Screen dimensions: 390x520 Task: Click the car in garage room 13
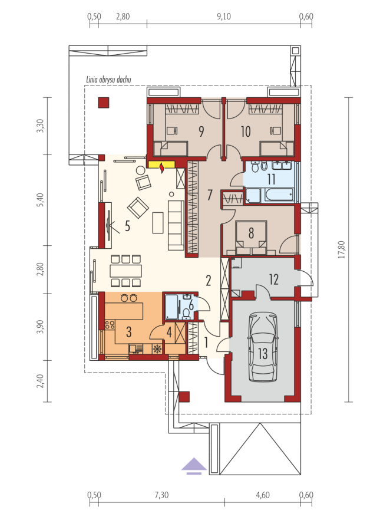pyautogui.click(x=263, y=347)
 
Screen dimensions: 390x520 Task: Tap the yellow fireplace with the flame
pyautogui.click(x=161, y=165)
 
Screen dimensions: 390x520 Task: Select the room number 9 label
pyautogui.click(x=201, y=131)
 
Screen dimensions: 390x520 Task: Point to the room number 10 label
pyautogui.click(x=246, y=131)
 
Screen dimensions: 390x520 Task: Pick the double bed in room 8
pyautogui.click(x=251, y=238)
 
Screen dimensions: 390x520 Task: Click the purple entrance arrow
pyautogui.click(x=194, y=466)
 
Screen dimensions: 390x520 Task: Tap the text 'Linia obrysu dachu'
pyautogui.click(x=108, y=80)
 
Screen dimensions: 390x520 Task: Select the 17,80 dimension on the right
pyautogui.click(x=342, y=249)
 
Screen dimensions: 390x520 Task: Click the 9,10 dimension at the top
pyautogui.click(x=224, y=17)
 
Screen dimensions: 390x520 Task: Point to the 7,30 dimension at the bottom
pyautogui.click(x=161, y=495)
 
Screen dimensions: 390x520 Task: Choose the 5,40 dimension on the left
pyautogui.click(x=39, y=200)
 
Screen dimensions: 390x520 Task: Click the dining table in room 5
pyautogui.click(x=126, y=271)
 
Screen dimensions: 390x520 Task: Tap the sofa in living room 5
pyautogui.click(x=176, y=225)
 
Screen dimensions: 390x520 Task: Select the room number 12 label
pyautogui.click(x=274, y=279)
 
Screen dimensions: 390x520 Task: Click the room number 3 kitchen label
pyautogui.click(x=128, y=331)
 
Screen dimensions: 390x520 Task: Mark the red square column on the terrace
pyautogui.click(x=103, y=103)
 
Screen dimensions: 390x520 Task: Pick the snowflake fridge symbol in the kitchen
pyautogui.click(x=157, y=348)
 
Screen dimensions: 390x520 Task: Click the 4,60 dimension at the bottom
pyautogui.click(x=262, y=495)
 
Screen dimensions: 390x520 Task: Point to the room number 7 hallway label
pyautogui.click(x=209, y=195)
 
